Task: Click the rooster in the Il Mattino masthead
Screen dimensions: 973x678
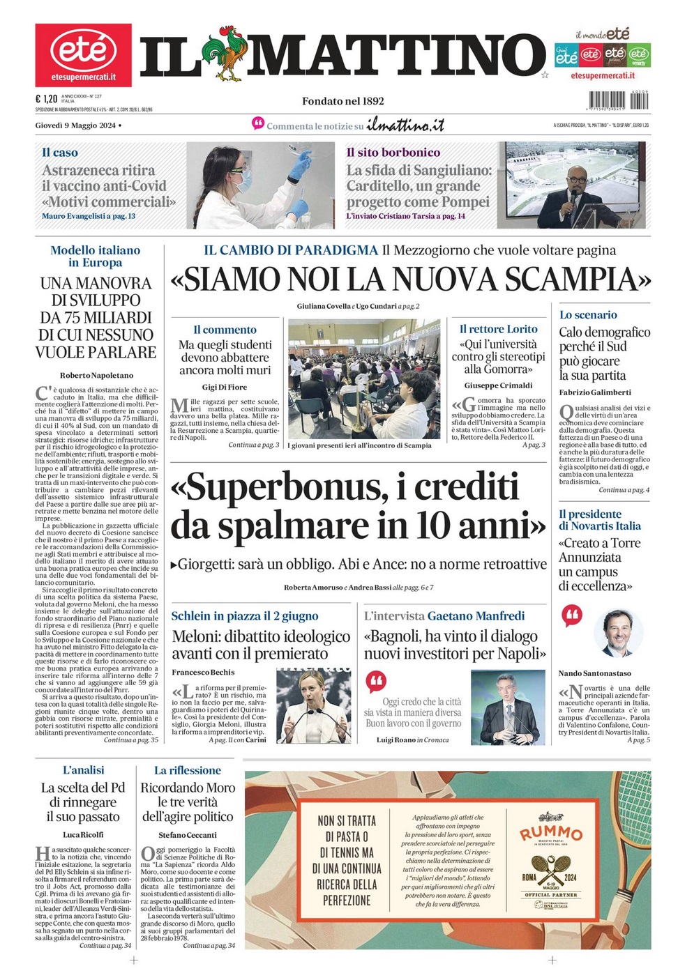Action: pos(225,54)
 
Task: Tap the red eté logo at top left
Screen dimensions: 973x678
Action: pos(83,54)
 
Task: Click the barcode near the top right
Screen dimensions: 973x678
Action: pos(618,100)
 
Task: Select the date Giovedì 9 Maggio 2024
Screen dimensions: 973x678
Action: pos(75,125)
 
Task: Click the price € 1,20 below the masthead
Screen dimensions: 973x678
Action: pos(46,99)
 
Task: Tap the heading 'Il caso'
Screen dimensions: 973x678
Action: pos(60,152)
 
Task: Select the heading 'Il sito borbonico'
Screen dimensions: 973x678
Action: pos(393,152)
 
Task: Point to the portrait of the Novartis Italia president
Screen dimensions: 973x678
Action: pos(618,633)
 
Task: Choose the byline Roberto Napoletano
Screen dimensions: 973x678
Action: pos(96,375)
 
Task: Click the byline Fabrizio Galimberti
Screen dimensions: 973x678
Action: pos(595,392)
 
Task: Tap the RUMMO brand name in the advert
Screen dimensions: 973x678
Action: pos(550,833)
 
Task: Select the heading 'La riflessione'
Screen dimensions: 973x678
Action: pos(188,770)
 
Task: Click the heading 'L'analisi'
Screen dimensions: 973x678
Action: pos(83,770)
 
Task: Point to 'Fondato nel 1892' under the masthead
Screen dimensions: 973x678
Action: pos(342,101)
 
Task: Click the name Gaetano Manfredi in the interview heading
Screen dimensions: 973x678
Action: pos(476,615)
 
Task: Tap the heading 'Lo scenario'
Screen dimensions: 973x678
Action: pos(588,314)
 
